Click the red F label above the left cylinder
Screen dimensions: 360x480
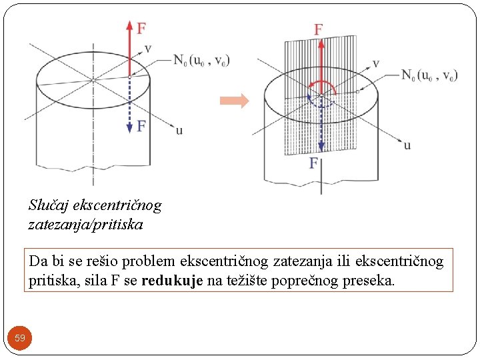point(141,28)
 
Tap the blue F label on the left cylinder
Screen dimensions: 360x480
point(141,125)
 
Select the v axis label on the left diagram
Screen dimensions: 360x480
point(148,49)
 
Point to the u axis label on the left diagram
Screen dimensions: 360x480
point(179,131)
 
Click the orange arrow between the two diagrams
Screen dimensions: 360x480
point(235,101)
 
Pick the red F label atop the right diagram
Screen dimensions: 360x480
point(319,29)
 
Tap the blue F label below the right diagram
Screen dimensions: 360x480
point(313,163)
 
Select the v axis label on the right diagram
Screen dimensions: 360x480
point(376,63)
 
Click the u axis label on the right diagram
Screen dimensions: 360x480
point(407,145)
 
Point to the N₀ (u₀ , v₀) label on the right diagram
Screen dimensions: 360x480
point(429,75)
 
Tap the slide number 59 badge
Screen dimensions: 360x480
point(20,338)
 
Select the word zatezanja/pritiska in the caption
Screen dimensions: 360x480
point(85,225)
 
